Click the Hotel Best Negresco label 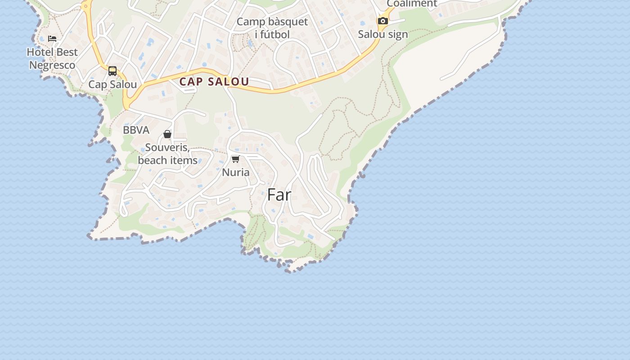click(52, 58)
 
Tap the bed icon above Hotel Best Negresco click(52, 39)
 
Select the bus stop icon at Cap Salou click(112, 71)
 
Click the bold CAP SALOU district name click(214, 82)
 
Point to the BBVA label click(136, 130)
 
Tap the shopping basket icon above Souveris click(167, 134)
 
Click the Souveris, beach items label click(167, 154)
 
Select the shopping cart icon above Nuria click(235, 159)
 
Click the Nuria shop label click(235, 172)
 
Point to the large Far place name click(279, 195)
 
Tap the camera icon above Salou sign click(382, 21)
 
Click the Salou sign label click(383, 34)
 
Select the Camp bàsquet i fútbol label click(272, 28)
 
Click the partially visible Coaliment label click(412, 4)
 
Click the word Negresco click(52, 65)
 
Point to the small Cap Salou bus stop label click(112, 85)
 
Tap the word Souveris click(166, 148)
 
